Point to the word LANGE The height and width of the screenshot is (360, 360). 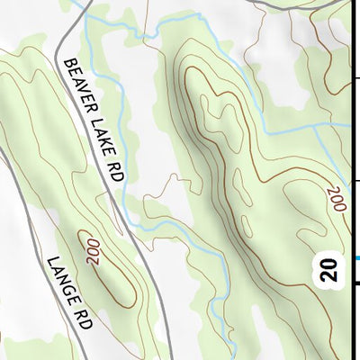click(58, 277)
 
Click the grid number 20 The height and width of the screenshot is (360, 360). click(332, 269)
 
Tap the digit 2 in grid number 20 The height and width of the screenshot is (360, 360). click(332, 276)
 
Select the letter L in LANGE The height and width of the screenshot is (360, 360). click(49, 260)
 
